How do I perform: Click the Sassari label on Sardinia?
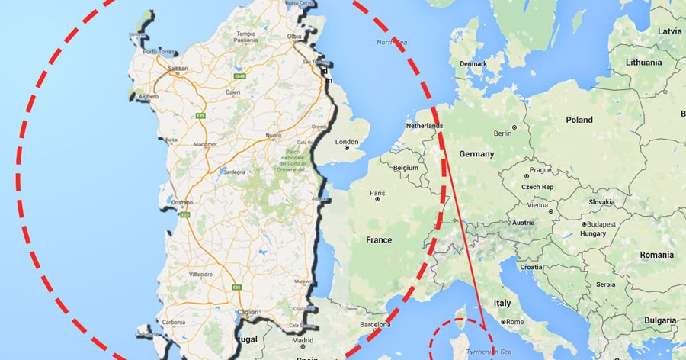click(178, 67)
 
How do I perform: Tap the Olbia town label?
click(294, 36)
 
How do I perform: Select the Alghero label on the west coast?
click(148, 97)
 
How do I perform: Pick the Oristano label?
click(182, 202)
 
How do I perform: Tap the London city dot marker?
click(347, 148)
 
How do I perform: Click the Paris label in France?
click(377, 193)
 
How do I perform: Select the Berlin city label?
click(503, 133)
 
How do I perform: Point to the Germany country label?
click(476, 154)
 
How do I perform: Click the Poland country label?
click(579, 121)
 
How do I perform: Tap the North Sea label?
click(392, 43)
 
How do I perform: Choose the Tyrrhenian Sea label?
click(488, 352)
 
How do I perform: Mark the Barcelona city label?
click(374, 324)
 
